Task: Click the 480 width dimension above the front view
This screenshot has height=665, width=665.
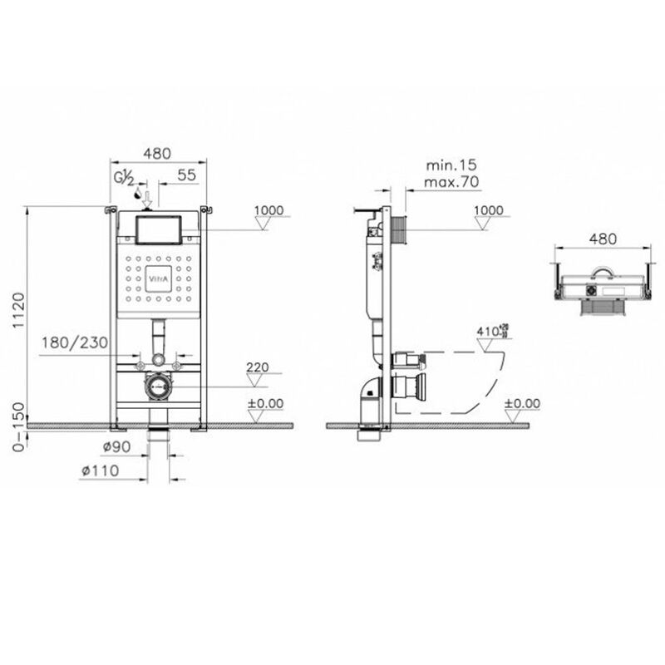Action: pos(158,154)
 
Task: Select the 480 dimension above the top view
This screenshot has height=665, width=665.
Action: pos(603,239)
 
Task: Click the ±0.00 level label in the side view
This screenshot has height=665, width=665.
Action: pos(523,403)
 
